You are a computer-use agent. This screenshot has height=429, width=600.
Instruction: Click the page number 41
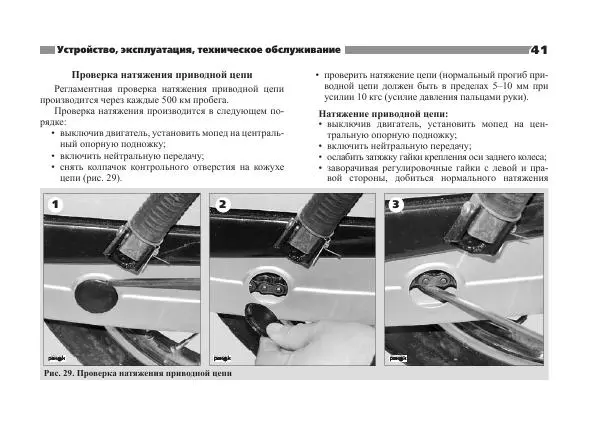(539, 50)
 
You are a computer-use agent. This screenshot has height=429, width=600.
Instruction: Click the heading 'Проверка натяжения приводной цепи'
(162, 75)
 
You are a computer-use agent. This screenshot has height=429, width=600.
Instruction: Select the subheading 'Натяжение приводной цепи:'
(383, 114)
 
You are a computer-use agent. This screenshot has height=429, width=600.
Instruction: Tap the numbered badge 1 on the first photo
(55, 204)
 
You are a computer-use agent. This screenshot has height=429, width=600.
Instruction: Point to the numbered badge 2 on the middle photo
(222, 204)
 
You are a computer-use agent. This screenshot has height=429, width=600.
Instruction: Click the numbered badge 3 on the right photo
(396, 204)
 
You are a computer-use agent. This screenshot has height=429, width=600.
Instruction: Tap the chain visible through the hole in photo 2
(268, 286)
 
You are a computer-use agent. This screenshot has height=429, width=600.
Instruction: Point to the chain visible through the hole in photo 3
(434, 282)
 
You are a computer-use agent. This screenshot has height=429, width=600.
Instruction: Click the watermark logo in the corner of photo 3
(398, 359)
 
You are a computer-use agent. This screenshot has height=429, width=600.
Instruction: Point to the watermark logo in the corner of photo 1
(57, 359)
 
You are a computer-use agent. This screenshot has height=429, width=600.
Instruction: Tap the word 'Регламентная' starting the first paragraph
(83, 89)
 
